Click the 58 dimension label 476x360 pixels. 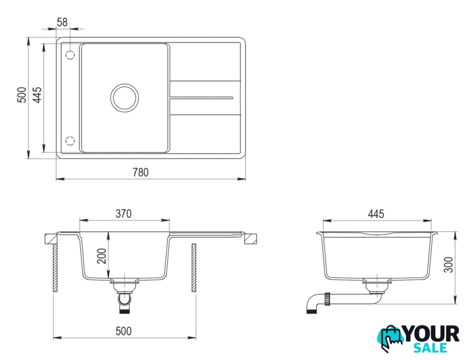point(62,22)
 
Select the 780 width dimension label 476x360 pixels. point(141,172)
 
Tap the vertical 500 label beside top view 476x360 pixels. point(22,95)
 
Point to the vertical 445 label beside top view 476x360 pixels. point(37,95)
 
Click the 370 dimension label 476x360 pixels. point(124,214)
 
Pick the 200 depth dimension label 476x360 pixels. point(102,256)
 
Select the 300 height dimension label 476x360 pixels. point(448,265)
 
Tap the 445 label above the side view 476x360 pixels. point(376,214)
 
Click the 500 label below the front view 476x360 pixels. point(124,331)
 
